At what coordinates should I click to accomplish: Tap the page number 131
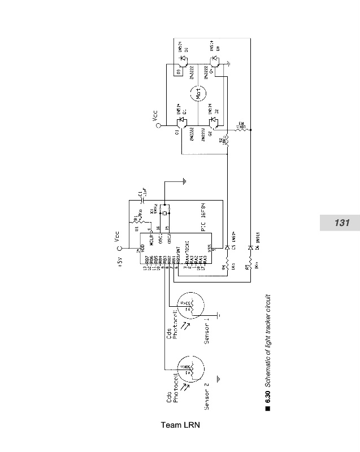(x=341, y=223)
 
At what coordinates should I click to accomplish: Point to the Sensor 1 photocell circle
(x=192, y=310)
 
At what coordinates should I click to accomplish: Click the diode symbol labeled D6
(x=250, y=247)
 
